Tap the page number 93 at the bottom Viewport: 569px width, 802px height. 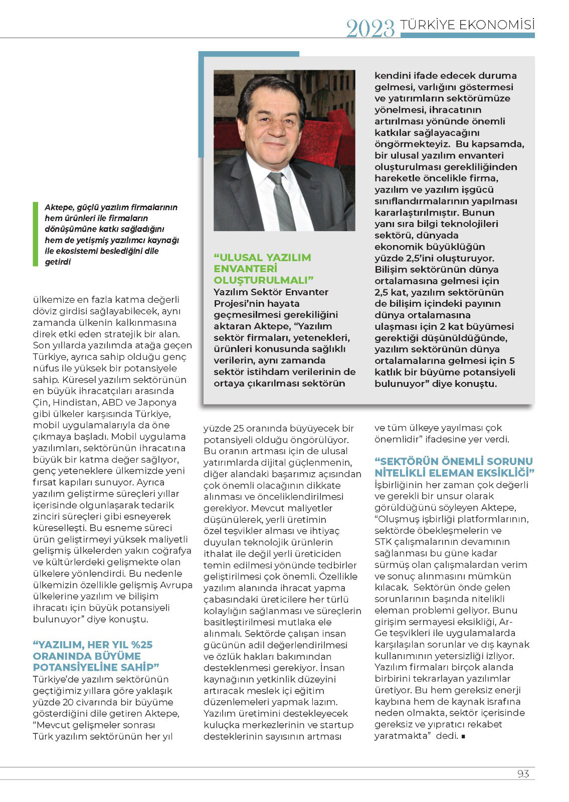click(523, 774)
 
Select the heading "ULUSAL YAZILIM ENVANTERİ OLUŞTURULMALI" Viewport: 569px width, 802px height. click(263, 269)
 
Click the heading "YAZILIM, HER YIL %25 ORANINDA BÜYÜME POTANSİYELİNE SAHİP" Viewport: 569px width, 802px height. click(96, 656)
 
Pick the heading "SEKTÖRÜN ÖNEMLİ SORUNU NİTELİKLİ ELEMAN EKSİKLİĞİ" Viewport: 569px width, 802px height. click(454, 467)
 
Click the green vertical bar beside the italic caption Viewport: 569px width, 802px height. click(36, 234)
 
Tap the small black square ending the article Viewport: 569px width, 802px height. click(463, 736)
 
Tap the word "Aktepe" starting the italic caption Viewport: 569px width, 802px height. click(59, 207)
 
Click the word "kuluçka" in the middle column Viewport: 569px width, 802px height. click(221, 725)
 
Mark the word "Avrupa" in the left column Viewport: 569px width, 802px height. click(175, 585)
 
